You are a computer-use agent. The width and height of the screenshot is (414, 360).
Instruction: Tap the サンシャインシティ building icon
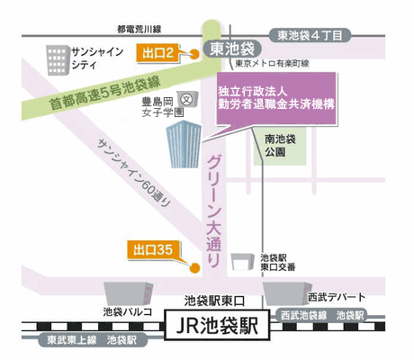[61, 59]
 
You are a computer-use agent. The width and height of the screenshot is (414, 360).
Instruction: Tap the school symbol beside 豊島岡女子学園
[187, 98]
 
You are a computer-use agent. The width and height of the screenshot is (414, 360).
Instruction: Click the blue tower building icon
[184, 145]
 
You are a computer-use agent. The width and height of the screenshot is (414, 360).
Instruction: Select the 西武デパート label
[337, 296]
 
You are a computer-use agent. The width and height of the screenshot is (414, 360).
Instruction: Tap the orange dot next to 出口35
[193, 265]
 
